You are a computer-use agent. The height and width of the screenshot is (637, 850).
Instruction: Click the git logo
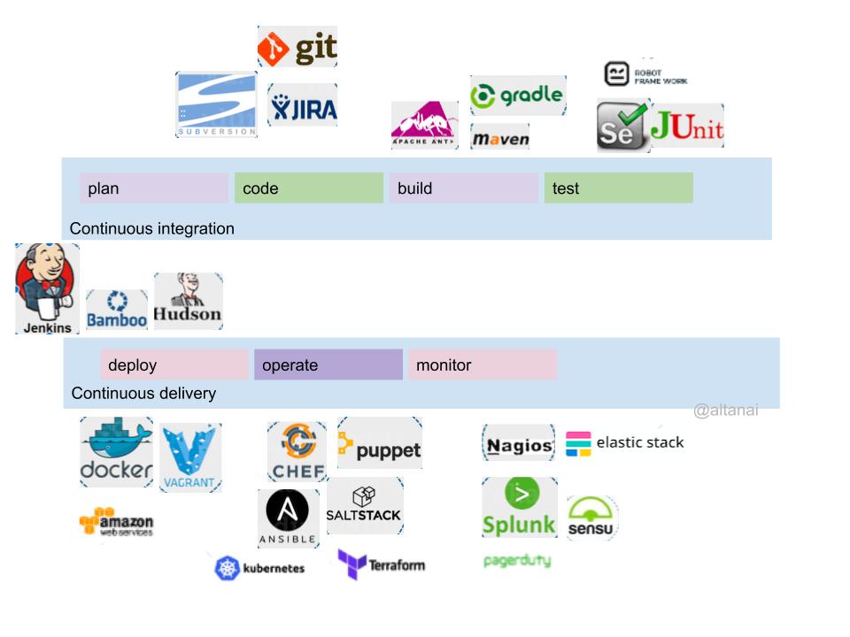coord(297,46)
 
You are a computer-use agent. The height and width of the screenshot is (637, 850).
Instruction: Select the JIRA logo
coord(302,105)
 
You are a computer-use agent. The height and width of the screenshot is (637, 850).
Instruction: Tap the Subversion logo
coord(217,104)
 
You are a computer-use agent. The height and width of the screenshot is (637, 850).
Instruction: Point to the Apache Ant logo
coord(425,125)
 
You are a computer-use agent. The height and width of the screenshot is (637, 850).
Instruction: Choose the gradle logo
coord(517,96)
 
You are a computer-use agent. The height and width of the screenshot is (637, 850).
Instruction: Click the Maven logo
coord(500,138)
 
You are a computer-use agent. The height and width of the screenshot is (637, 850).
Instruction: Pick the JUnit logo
coord(687,127)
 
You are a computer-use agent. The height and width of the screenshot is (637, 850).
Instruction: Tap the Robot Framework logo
coord(645,74)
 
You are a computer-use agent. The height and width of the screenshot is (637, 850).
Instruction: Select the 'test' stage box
coord(618,188)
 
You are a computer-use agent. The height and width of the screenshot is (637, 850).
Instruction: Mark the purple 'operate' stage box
coord(328,365)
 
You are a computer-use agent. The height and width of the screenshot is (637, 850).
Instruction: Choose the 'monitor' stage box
coord(482,365)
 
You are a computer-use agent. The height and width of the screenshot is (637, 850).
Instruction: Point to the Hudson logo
coord(188,301)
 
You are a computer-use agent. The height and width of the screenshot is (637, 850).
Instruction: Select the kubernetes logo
coord(259,568)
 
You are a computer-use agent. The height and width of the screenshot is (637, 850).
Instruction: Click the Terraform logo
coord(382,564)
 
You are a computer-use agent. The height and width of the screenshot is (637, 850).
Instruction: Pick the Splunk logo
coord(519,507)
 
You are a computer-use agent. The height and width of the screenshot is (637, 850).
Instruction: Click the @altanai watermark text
coord(725,411)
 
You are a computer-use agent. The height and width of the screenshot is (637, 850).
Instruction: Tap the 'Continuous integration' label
coord(152,228)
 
